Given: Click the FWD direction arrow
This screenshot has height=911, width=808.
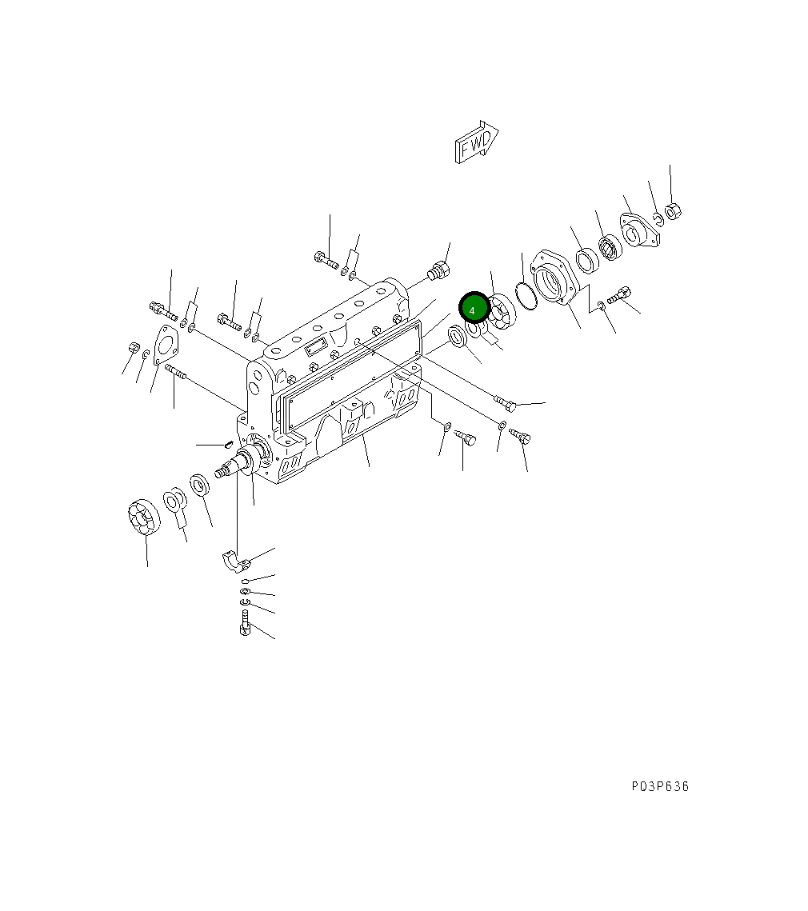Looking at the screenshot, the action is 476,142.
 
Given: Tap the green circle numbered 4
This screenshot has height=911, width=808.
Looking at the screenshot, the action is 474,309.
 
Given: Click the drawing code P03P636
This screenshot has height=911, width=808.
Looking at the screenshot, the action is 660,787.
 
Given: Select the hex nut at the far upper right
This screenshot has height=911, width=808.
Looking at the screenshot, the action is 673,211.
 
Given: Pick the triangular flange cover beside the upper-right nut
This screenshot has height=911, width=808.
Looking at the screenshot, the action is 639,232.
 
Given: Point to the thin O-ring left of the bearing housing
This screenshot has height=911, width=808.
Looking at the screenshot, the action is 526,296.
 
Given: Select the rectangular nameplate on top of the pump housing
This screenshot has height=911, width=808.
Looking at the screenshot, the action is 315,347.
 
